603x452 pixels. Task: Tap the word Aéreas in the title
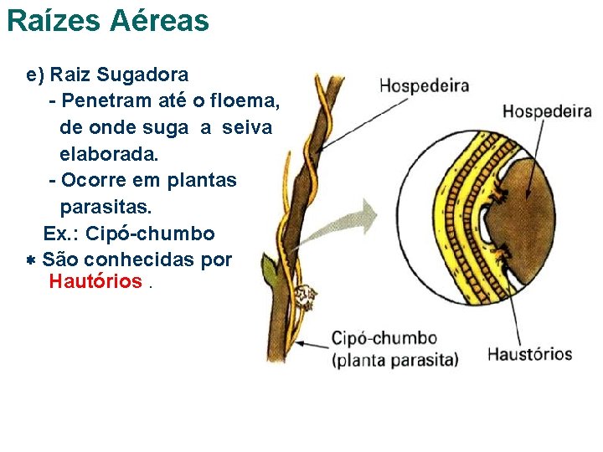click(158, 21)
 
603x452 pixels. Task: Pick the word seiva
click(249, 127)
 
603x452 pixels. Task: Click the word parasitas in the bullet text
click(105, 206)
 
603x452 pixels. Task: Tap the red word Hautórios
click(95, 281)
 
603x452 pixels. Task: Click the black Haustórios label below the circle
click(529, 354)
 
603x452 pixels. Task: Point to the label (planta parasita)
click(395, 361)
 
